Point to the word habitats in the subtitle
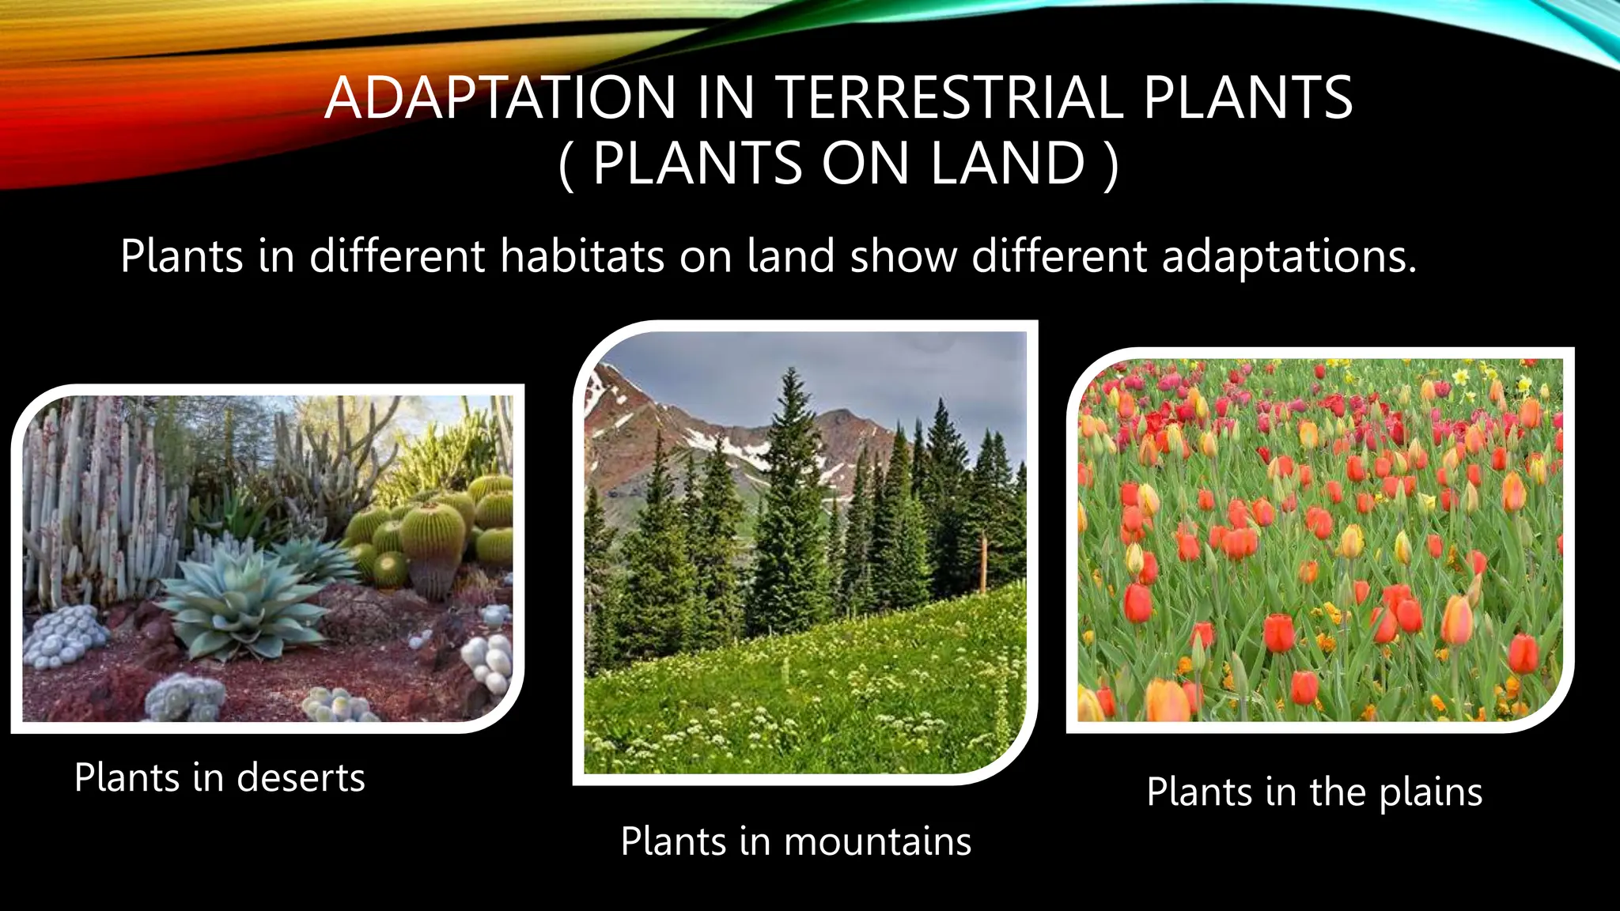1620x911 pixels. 582,257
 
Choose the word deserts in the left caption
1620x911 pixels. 301,777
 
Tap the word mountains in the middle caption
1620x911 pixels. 877,841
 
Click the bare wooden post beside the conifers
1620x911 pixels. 983,561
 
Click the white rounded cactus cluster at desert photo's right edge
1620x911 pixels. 489,660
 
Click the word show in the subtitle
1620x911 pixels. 903,257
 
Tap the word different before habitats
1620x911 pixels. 396,257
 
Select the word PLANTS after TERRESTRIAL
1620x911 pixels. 1247,98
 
